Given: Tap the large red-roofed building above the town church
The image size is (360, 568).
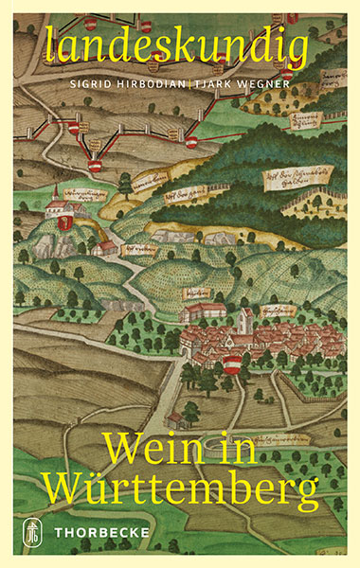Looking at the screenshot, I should [203, 311].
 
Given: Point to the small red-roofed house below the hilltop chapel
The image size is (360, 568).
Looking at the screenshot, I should [105, 248].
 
